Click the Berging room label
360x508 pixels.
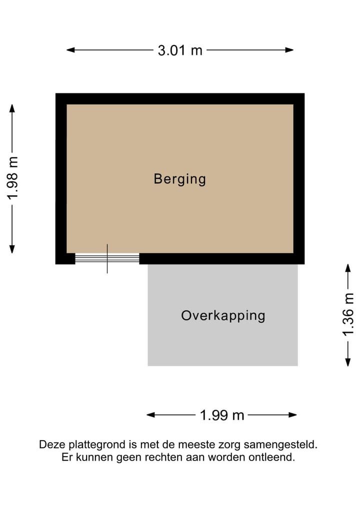(x=179, y=179)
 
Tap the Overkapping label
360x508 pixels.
(x=223, y=316)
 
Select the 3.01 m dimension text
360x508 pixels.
(x=180, y=50)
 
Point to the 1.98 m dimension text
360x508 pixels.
(x=12, y=178)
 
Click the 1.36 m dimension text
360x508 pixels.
(x=348, y=315)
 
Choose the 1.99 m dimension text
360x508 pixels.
(x=222, y=415)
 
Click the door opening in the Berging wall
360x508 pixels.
(x=107, y=258)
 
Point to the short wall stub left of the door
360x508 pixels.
(x=65, y=259)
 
